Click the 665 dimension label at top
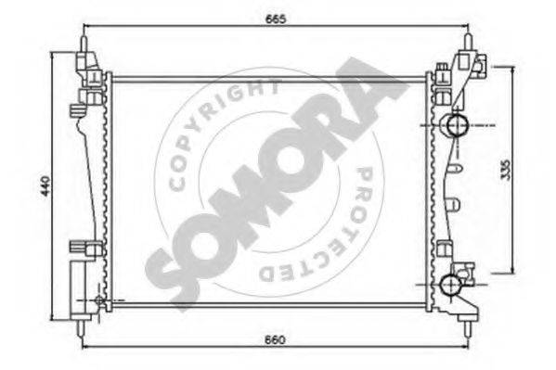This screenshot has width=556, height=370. pyautogui.click(x=275, y=19)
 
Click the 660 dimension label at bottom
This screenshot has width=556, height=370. pyautogui.click(x=275, y=339)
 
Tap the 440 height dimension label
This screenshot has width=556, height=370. pyautogui.click(x=45, y=185)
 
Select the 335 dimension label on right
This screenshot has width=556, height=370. pyautogui.click(x=507, y=170)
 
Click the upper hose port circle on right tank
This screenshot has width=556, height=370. pyautogui.click(x=458, y=125)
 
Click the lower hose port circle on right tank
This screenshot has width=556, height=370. pyautogui.click(x=451, y=285)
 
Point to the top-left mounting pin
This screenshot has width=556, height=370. pyautogui.click(x=84, y=44)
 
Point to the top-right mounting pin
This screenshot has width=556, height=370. pyautogui.click(x=468, y=44)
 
